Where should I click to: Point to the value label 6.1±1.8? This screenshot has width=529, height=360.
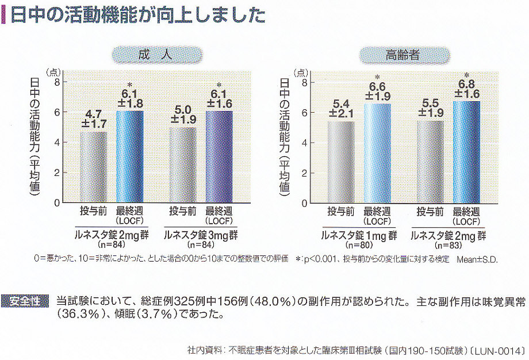pos(130,99)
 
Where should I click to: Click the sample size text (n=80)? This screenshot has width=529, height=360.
pos(359,246)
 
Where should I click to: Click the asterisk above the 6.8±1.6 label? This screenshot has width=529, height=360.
pos(466,75)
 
